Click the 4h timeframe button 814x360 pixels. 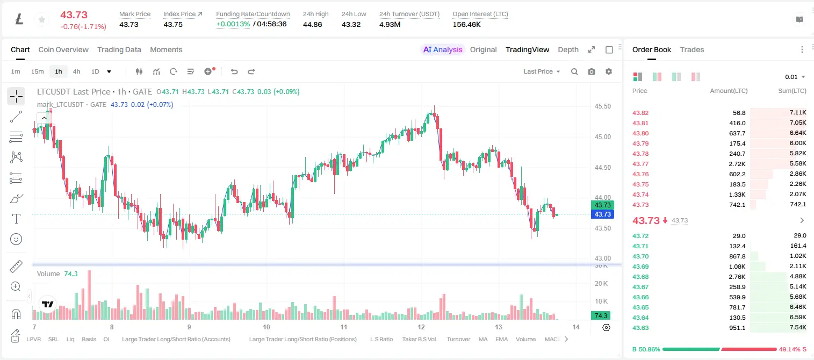[76, 71]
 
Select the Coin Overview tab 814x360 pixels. [63, 49]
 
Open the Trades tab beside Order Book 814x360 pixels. [691, 49]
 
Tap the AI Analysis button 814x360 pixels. [443, 49]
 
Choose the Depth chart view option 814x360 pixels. [568, 49]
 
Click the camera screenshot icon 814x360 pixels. [591, 71]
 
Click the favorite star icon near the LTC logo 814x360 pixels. [42, 19]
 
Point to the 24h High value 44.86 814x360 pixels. [312, 24]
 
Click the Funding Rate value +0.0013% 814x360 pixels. [233, 24]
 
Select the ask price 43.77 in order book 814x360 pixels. [640, 164]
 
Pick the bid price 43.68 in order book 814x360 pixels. [640, 277]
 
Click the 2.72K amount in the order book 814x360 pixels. [737, 164]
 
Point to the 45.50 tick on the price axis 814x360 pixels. [602, 106]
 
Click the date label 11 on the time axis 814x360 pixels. [343, 327]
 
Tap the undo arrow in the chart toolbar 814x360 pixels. [234, 71]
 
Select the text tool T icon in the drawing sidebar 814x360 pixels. [16, 219]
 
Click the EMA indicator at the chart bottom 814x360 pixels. [501, 339]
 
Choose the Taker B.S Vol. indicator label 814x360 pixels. [419, 339]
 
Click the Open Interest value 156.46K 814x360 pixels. [466, 24]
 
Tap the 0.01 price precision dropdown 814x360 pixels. [795, 77]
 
